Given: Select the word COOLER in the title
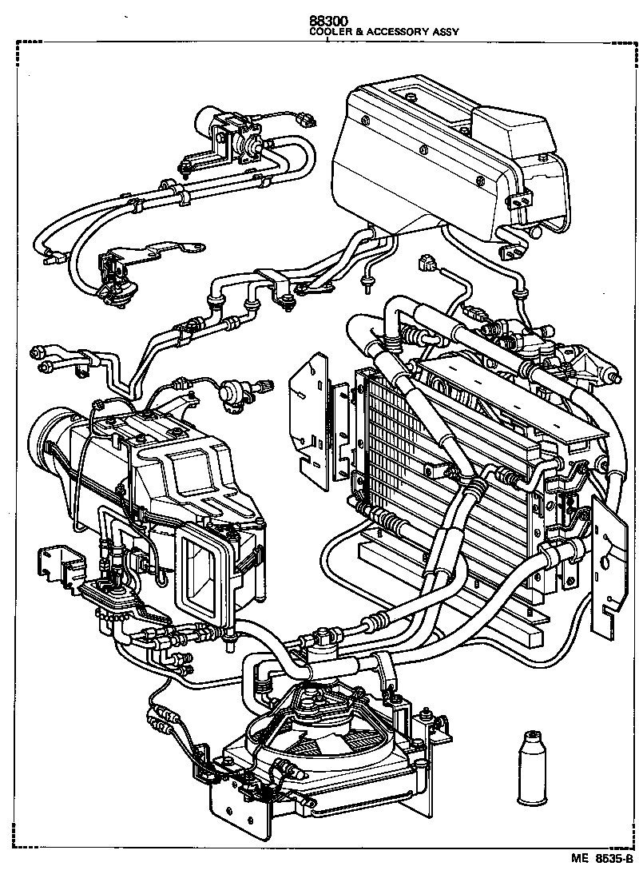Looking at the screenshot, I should (330, 33).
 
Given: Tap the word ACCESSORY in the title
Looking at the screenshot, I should (397, 33).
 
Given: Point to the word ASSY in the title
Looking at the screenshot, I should (445, 33).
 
